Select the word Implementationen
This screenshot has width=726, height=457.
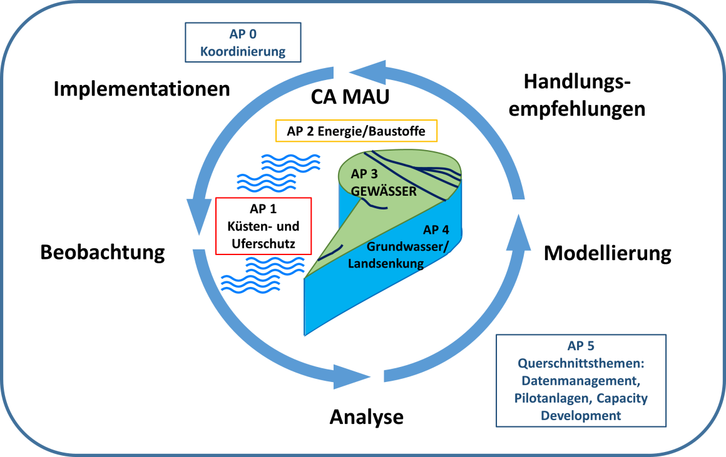[141, 89]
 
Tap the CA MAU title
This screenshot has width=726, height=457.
[350, 97]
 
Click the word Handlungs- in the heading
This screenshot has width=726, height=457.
[578, 82]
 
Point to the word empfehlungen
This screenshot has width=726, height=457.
[577, 109]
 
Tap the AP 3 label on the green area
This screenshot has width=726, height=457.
[364, 174]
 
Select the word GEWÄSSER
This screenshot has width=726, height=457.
[384, 191]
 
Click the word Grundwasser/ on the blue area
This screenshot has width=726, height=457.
[407, 246]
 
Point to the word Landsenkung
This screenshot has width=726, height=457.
[386, 264]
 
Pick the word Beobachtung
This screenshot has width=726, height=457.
[102, 253]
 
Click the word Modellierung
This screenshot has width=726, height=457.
[608, 253]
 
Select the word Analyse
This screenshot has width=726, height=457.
[366, 417]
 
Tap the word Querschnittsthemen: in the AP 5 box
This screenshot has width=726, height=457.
[581, 364]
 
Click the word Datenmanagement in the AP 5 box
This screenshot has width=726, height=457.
[579, 381]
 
